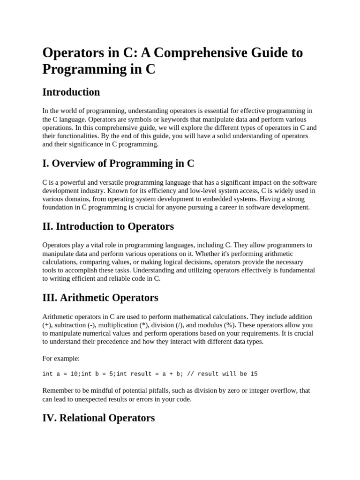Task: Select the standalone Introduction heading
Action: click(x=71, y=92)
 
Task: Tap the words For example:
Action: click(x=61, y=359)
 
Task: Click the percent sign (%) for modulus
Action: click(x=213, y=325)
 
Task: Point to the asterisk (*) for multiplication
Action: click(x=144, y=325)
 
